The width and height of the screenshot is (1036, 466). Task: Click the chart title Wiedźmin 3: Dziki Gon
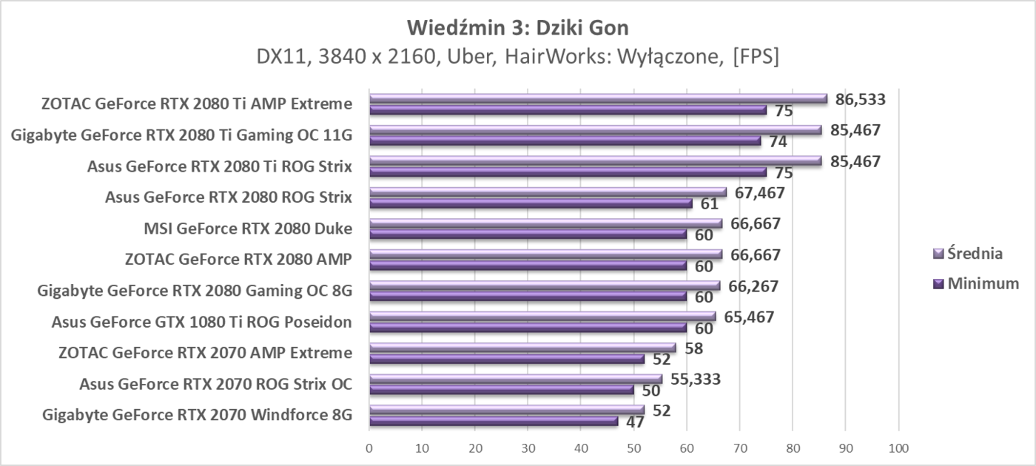(x=517, y=29)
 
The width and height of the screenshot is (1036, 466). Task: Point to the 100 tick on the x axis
(x=898, y=448)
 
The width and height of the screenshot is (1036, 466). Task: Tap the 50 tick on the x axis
(x=633, y=448)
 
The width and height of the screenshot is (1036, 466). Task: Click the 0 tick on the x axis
(x=369, y=448)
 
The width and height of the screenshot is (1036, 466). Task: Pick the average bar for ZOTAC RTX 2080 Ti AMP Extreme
(x=598, y=98)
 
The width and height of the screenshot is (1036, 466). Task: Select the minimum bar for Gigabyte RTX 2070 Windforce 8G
(x=494, y=421)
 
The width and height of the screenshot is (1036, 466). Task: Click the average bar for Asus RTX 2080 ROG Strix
(x=548, y=192)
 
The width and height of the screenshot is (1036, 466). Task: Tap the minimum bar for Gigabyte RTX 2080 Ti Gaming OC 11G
(x=565, y=141)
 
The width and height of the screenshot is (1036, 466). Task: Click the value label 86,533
(x=860, y=99)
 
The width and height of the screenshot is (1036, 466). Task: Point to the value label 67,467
(x=758, y=192)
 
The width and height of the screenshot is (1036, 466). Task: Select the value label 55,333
(x=695, y=379)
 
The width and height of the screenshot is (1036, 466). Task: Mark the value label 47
(x=634, y=422)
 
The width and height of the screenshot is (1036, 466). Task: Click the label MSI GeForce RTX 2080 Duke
(x=248, y=228)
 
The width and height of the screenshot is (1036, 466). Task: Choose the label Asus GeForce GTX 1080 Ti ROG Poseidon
(x=201, y=321)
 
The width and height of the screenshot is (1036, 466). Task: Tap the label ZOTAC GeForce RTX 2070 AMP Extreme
(x=205, y=352)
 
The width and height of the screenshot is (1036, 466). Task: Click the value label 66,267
(x=752, y=286)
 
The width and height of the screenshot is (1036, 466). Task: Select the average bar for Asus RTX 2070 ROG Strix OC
(x=515, y=379)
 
